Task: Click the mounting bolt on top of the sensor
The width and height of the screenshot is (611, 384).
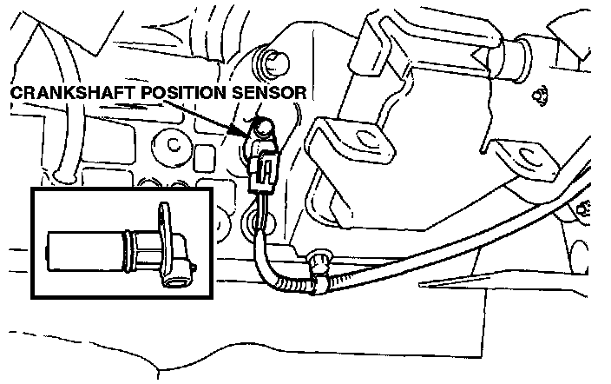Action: pos(262,129)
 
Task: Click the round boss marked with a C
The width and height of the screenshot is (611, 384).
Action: pos(173,148)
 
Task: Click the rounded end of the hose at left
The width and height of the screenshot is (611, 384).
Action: pos(62,178)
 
